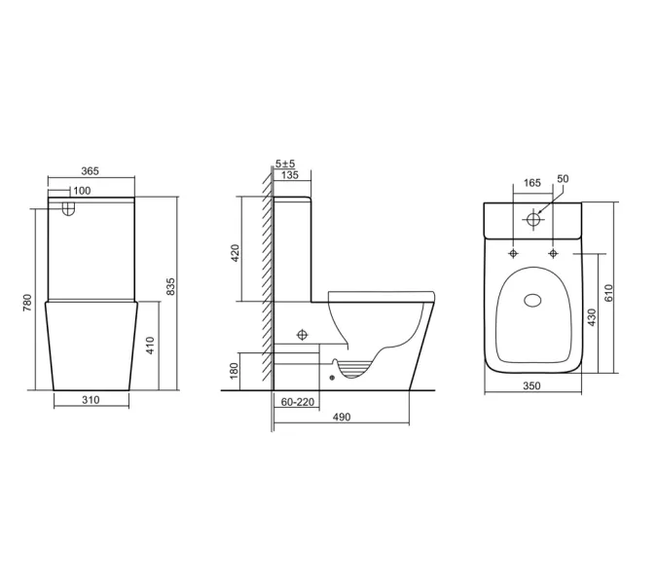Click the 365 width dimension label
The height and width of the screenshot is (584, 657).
pos(90,171)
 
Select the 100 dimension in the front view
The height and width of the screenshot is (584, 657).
pos(82,191)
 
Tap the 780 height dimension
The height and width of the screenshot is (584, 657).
pos(30,305)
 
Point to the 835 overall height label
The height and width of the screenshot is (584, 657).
pos(171,286)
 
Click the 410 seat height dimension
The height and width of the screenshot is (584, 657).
pos(151,344)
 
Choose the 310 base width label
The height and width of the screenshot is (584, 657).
pos(90,400)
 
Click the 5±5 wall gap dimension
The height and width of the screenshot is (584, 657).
pos(286,163)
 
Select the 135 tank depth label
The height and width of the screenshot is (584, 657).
pos(289,175)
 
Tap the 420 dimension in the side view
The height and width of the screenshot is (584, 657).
pos(235,253)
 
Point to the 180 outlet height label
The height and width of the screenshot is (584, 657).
pos(235,371)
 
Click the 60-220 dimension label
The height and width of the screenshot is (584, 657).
pos(297,401)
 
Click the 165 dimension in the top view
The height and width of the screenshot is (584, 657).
pos(532,183)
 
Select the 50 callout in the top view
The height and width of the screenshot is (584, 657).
pos(563,179)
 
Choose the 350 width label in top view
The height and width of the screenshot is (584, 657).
pos(532,386)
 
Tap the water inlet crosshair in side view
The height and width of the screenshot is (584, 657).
pos(301,334)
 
